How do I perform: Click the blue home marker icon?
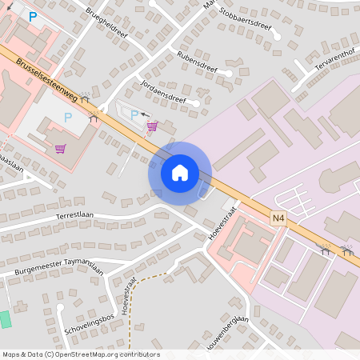pos(179,173)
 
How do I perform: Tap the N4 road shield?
pos(278,218)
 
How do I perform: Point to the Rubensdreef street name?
pos(198,63)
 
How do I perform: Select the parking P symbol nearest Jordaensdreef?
pos(134,115)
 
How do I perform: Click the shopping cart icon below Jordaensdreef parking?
pos(151,126)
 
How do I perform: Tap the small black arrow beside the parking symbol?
pos(146,114)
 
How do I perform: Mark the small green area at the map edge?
pos(6,318)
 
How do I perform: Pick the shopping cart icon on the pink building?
pos(60,148)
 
